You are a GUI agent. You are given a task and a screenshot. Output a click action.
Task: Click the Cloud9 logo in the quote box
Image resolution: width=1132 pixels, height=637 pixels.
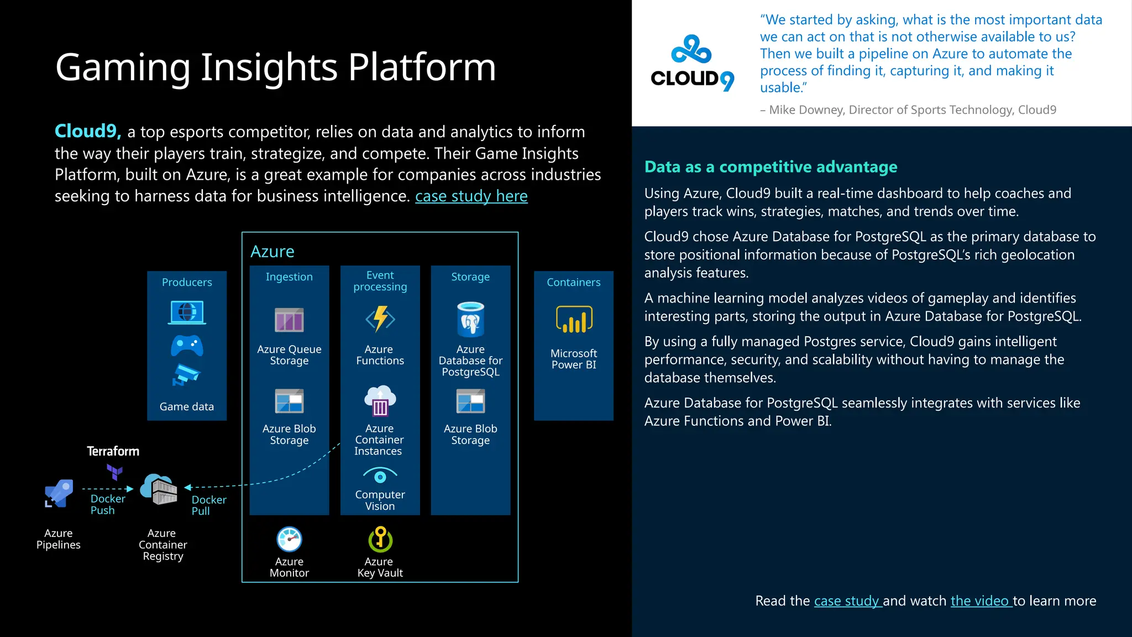click(692, 63)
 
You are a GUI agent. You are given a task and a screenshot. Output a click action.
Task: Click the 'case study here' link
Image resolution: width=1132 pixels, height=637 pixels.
click(471, 196)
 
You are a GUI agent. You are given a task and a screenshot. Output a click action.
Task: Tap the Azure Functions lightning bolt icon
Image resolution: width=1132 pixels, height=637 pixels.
click(380, 319)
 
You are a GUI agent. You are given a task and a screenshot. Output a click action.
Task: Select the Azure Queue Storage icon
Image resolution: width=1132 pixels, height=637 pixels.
click(289, 320)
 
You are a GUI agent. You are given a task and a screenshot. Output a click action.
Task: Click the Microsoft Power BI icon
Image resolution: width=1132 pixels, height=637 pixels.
click(574, 320)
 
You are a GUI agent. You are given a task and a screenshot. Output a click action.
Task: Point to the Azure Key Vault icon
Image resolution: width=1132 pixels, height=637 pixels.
click(380, 539)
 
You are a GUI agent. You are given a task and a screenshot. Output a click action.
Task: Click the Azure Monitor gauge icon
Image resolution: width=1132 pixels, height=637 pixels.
click(289, 539)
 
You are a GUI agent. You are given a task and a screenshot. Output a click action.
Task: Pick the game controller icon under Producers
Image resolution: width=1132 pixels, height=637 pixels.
click(187, 346)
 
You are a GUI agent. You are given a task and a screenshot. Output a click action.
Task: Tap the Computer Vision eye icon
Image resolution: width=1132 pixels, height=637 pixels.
click(380, 476)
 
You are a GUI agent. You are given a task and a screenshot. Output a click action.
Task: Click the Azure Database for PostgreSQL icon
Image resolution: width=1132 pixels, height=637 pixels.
click(470, 320)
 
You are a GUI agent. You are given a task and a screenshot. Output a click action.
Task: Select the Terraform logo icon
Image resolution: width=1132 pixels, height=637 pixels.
click(114, 472)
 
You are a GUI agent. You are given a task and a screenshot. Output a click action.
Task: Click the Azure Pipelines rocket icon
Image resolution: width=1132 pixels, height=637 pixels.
click(59, 493)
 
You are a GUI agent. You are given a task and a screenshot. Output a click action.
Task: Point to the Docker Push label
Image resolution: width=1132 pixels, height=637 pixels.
click(107, 504)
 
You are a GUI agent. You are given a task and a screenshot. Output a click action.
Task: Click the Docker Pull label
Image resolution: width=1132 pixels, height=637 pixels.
click(208, 505)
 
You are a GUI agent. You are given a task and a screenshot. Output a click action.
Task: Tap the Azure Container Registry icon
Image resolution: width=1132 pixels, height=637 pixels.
click(159, 489)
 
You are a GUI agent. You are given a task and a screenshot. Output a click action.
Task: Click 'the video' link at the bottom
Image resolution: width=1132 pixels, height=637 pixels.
click(980, 601)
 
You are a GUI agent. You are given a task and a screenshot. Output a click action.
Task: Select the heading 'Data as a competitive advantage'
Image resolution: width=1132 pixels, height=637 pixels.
click(771, 167)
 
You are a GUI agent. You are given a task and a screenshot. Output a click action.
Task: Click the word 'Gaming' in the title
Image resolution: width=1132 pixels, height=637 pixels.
click(123, 67)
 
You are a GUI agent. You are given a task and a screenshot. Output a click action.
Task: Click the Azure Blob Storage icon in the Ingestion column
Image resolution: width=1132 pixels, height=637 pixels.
click(289, 401)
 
